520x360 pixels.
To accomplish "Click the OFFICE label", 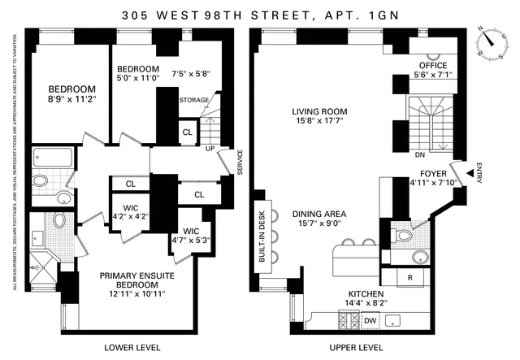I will [x=433, y=65].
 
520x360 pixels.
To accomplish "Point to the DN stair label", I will [x=420, y=154].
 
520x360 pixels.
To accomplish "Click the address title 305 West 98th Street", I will [x=259, y=14].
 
